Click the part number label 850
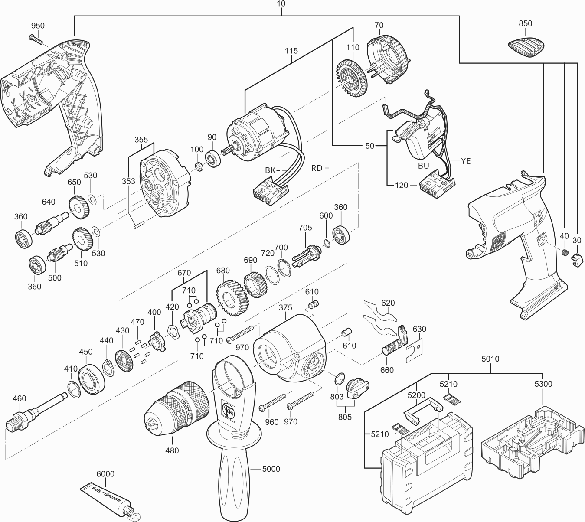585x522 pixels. coord(525,23)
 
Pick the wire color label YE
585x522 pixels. coord(465,161)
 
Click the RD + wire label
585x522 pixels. coord(320,168)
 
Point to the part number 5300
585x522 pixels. coord(543,384)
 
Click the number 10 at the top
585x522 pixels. coord(281,4)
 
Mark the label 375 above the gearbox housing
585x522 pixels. coord(285,308)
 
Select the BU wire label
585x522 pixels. coord(424,166)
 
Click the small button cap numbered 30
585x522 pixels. coord(577,259)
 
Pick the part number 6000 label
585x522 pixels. coord(105,474)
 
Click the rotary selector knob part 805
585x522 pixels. coord(358,388)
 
